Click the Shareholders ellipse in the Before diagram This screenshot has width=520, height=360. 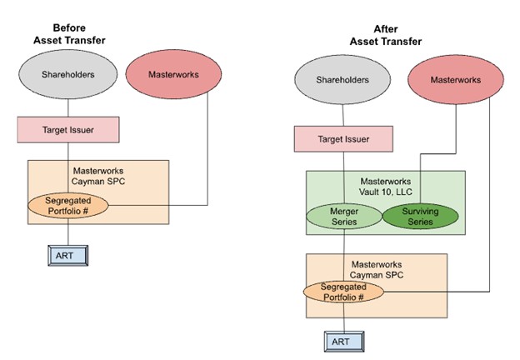coord(67,74)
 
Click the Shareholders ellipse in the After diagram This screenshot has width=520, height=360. coord(343,80)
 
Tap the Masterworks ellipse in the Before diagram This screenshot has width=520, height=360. coord(172,74)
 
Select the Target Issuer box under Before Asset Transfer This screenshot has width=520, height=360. coord(67,130)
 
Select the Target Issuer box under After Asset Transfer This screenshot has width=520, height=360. coord(343,138)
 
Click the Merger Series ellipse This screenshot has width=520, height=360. coord(343,217)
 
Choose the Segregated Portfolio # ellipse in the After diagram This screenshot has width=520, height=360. coord(343,291)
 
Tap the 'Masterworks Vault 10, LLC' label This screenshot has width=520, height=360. coord(386,187)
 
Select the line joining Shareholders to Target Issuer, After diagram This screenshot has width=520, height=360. coord(343,115)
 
